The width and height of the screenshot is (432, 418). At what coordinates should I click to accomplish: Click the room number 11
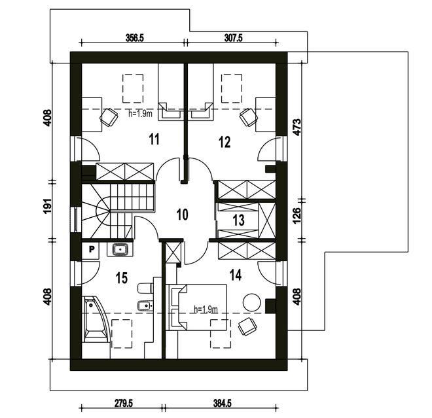154,139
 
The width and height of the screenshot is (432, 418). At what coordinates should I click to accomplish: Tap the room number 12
225,141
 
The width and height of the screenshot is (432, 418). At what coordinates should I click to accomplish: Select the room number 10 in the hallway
182,214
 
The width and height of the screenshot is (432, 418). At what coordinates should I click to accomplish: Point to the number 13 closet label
238,220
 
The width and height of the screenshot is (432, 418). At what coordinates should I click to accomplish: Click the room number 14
236,275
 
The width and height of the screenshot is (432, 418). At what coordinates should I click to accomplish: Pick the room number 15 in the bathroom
121,278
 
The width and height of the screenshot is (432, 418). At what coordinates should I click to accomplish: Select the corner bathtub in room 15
97,321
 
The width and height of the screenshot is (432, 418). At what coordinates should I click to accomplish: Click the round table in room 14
252,303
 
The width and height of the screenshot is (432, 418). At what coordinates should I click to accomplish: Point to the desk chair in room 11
106,116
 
